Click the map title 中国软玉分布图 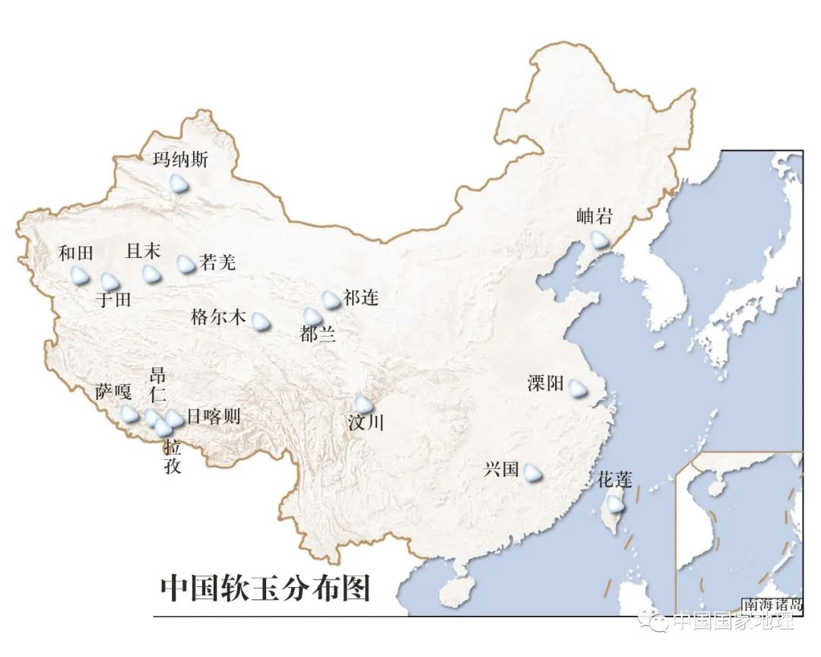[x=265, y=588]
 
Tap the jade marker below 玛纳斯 [x=179, y=183]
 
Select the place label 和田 [x=75, y=254]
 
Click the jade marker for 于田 [x=110, y=282]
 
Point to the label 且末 [x=143, y=251]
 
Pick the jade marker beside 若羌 [x=185, y=264]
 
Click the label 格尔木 [x=219, y=317]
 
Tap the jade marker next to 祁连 [x=331, y=300]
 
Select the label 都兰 [x=318, y=334]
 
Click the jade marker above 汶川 [x=364, y=405]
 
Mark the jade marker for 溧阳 [x=578, y=388]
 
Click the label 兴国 [x=501, y=470]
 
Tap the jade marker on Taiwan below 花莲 [x=613, y=503]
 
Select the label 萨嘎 [x=113, y=392]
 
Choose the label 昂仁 [x=157, y=385]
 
